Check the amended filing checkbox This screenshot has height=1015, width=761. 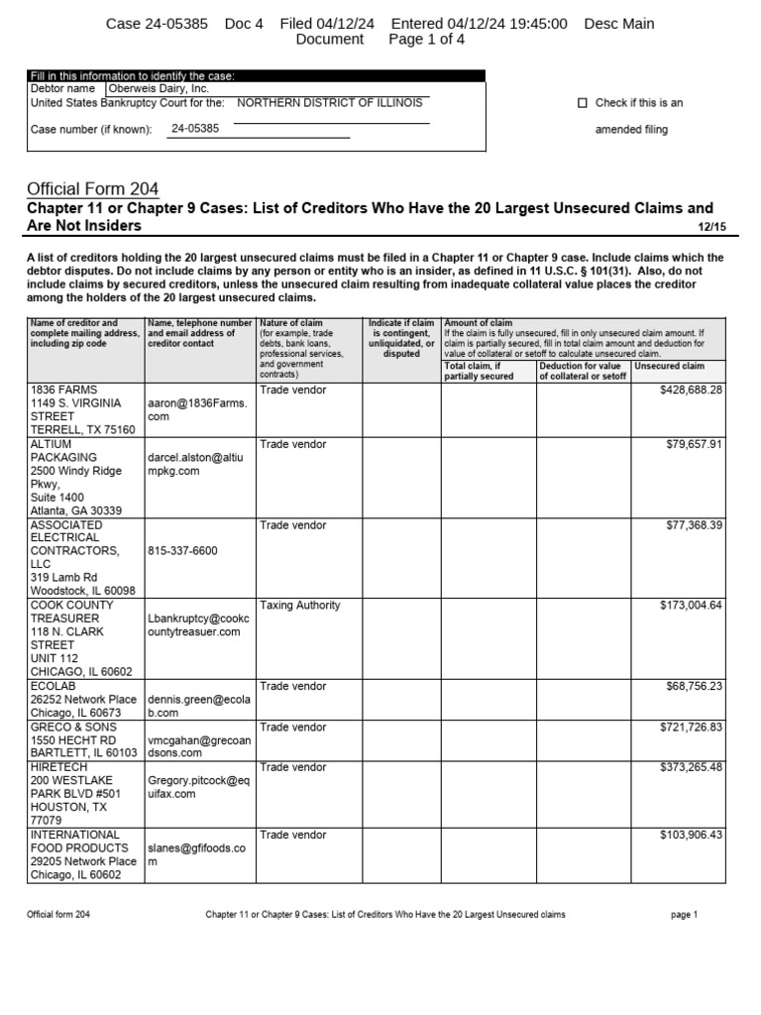coord(583,103)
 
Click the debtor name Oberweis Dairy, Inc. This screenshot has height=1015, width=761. coord(159,88)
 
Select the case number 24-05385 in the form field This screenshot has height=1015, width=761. coord(195,129)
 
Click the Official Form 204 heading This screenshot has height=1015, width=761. coord(92,189)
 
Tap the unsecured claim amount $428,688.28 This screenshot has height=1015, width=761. coord(692,391)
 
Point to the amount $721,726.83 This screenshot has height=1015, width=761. coord(692,728)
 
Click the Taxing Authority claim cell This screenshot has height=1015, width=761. coord(299,605)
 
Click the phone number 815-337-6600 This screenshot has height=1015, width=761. coord(182,551)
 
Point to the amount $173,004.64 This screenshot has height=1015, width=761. coord(692,605)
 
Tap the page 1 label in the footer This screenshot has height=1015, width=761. coord(685,915)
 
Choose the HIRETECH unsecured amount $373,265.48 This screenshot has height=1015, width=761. coord(692,768)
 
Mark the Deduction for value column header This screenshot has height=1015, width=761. coord(582,371)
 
